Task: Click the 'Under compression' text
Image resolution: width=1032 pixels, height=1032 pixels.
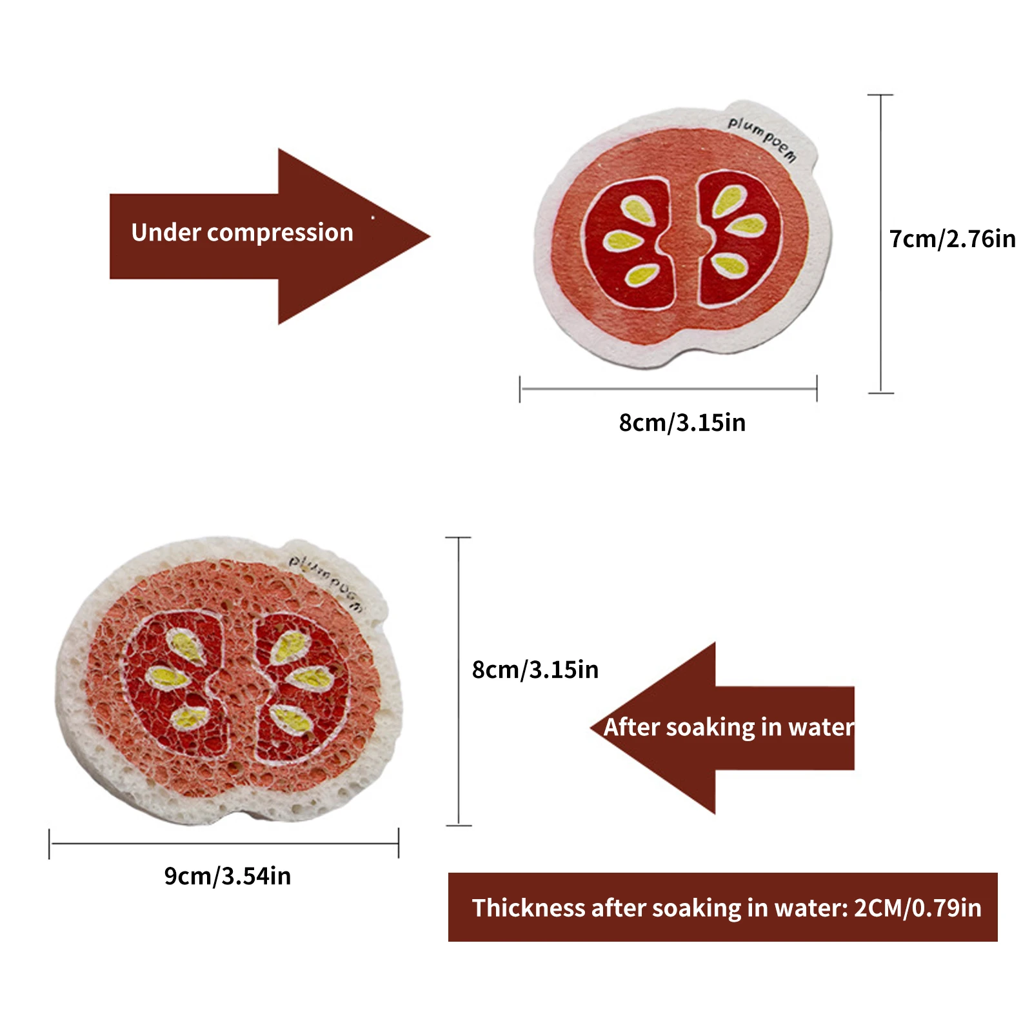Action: [242, 233]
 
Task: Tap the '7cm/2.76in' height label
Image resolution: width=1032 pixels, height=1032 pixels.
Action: [952, 239]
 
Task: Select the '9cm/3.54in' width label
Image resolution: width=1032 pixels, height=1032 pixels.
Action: [228, 876]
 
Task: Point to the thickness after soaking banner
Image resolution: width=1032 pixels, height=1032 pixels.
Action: [722, 907]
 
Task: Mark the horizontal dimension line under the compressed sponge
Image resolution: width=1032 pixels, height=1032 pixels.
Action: [668, 389]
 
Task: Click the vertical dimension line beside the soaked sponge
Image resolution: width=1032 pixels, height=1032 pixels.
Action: [459, 681]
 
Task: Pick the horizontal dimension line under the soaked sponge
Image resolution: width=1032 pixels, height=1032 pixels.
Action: [224, 843]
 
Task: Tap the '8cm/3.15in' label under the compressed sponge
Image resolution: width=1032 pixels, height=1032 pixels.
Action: [682, 423]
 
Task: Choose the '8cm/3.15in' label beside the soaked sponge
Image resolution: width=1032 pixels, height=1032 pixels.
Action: [535, 670]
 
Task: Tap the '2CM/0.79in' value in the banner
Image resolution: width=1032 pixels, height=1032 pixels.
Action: [917, 908]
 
